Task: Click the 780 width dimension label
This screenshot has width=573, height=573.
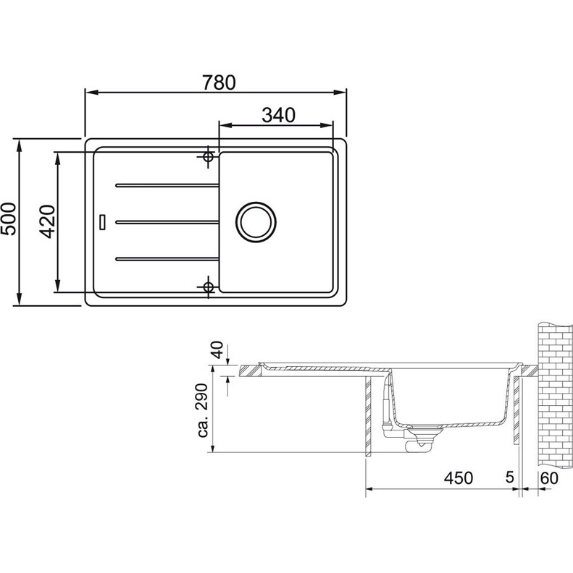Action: (x=219, y=82)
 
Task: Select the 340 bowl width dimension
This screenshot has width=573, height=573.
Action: (x=278, y=115)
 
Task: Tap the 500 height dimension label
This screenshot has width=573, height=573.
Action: (x=9, y=219)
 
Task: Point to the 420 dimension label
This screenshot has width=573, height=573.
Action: (x=48, y=221)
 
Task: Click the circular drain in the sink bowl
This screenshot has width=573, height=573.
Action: (x=256, y=222)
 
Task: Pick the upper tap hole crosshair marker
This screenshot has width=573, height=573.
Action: (x=208, y=157)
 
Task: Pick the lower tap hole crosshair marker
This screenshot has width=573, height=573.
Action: (x=208, y=287)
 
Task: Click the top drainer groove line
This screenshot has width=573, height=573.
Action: (x=167, y=186)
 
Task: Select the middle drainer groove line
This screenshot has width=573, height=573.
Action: (x=167, y=222)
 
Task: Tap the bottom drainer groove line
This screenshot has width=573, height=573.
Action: (x=167, y=259)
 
